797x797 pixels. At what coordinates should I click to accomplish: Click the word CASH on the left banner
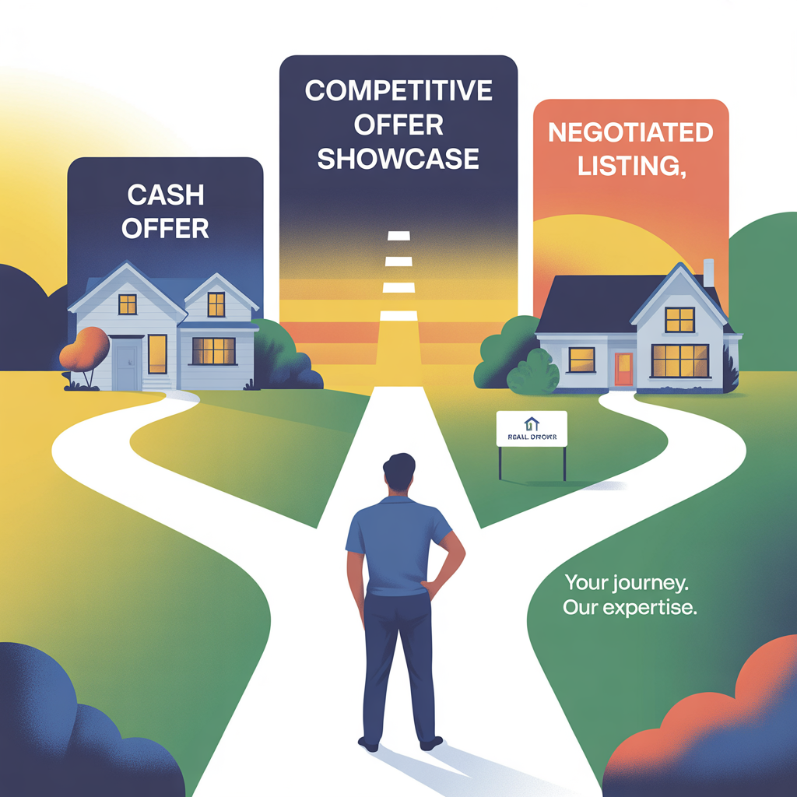[165, 192]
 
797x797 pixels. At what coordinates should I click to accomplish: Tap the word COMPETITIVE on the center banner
[398, 90]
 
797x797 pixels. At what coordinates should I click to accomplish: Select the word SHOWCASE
[398, 158]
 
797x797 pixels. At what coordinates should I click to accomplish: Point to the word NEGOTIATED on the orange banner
[630, 132]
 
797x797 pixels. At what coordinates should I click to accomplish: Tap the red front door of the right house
[623, 368]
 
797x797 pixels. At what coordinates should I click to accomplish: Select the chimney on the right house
[708, 272]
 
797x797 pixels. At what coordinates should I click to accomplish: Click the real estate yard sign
[532, 430]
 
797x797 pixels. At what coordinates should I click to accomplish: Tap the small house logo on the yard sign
[532, 423]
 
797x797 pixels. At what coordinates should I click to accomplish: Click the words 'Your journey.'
[627, 581]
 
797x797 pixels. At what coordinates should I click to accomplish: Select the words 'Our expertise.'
[629, 607]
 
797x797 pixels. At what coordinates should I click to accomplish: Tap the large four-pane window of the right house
[679, 360]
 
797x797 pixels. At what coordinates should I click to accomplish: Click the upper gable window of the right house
[679, 319]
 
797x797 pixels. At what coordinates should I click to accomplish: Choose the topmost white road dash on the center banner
[398, 235]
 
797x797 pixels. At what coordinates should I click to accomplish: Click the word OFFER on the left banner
[165, 228]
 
